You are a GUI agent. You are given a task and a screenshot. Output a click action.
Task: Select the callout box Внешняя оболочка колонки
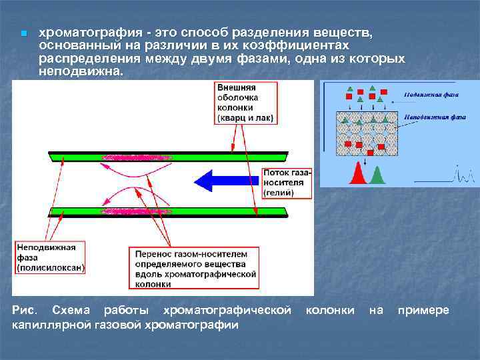coord(245,102)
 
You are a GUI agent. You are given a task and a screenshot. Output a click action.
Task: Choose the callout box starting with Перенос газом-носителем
coord(195,269)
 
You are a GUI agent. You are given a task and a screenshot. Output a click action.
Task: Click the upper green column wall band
coord(167,158)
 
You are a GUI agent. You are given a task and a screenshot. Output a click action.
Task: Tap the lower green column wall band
coord(167,212)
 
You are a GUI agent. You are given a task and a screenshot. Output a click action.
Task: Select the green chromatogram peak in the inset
coord(377,175)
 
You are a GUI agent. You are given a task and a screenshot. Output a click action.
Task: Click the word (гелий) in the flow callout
coord(279,192)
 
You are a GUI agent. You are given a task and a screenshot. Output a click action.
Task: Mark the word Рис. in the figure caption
coord(23,311)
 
